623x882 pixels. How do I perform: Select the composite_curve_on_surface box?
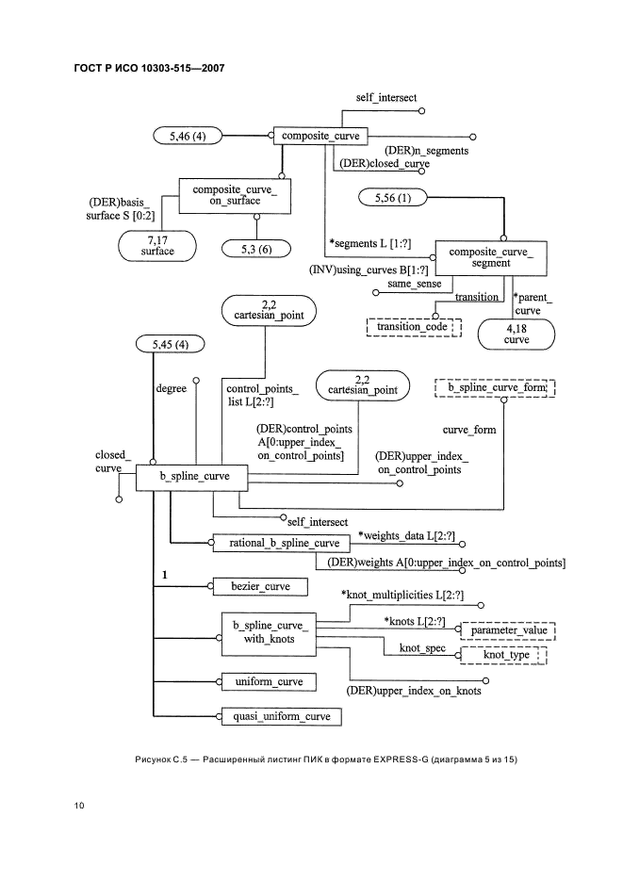(234, 196)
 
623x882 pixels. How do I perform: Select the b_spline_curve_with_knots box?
(270, 632)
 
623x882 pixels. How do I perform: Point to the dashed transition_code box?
(415, 327)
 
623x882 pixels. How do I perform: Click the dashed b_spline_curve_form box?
(496, 387)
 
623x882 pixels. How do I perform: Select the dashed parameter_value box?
(509, 630)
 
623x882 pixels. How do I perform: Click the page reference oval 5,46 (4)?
(186, 136)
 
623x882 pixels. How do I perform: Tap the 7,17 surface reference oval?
(158, 247)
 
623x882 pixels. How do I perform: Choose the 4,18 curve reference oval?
(516, 335)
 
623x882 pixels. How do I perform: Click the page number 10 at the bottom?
(79, 806)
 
